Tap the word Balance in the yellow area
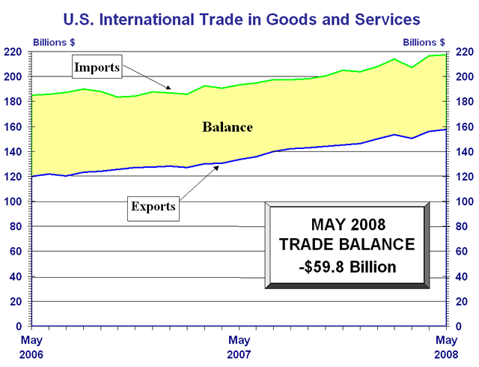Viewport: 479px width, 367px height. pyautogui.click(x=228, y=127)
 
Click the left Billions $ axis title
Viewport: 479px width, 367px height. pyautogui.click(x=53, y=42)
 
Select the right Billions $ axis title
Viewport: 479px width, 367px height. pyautogui.click(x=424, y=42)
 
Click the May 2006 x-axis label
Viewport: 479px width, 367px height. pyautogui.click(x=31, y=346)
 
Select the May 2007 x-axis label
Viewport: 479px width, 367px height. pyautogui.click(x=239, y=346)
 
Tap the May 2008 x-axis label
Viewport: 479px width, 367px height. pyautogui.click(x=447, y=346)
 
